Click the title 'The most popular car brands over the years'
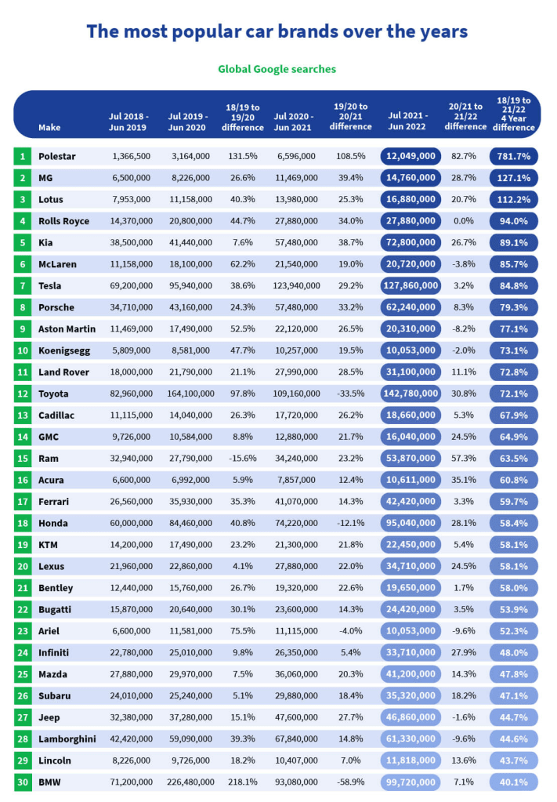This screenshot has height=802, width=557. coord(277,31)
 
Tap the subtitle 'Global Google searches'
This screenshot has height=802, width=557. coord(277,69)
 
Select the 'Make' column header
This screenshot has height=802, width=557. coord(49,127)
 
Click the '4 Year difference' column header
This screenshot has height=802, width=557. coord(514,114)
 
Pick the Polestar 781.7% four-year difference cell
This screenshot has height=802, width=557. coord(514,157)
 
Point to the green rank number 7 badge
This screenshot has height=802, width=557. coord(23,286)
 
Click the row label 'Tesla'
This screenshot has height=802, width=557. coord(49,286)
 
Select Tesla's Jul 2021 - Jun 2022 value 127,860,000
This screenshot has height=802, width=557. coord(411,286)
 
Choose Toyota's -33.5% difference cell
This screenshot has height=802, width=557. coord(350,394)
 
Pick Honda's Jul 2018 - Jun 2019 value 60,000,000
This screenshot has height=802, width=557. coord(131,523)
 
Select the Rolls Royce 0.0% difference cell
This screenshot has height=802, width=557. coord(465,221)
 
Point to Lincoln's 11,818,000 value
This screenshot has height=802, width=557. coord(411,760)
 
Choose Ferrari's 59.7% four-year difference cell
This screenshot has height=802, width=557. coord(514,502)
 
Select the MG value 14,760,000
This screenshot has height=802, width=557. coord(411,178)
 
